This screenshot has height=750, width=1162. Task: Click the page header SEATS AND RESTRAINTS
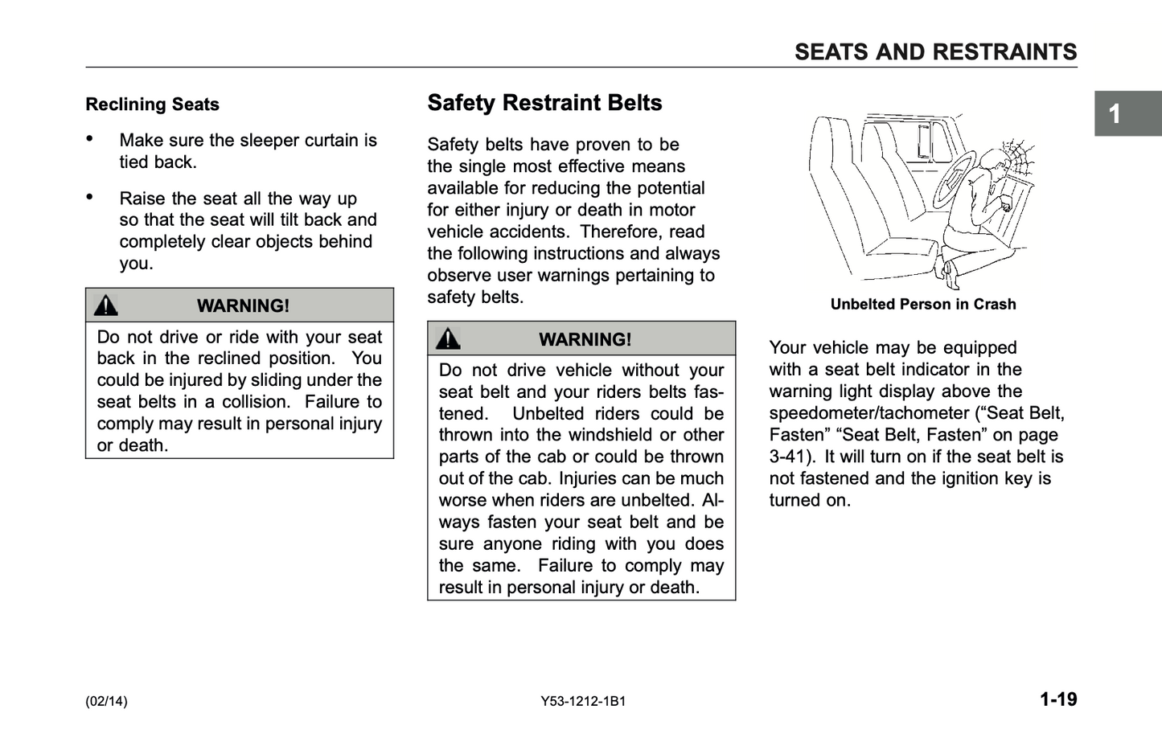[x=935, y=52]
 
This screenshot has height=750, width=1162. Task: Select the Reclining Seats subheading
[x=152, y=105]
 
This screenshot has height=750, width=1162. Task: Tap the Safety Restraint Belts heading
[x=544, y=103]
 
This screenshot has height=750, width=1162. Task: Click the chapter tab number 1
[x=1115, y=114]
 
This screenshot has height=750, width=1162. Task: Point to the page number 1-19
[x=1057, y=699]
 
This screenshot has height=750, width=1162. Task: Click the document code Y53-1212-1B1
[x=583, y=701]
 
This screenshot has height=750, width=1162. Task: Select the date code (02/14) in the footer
[x=106, y=701]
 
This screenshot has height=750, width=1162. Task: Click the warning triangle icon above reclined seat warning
[x=105, y=305]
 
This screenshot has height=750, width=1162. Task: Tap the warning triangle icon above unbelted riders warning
[x=448, y=338]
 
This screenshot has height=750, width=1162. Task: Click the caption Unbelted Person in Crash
[x=922, y=305]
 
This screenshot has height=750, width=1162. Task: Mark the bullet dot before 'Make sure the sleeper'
[x=90, y=138]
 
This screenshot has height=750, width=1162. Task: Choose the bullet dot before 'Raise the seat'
[x=90, y=196]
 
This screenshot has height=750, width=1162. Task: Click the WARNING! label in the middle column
[x=585, y=339]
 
